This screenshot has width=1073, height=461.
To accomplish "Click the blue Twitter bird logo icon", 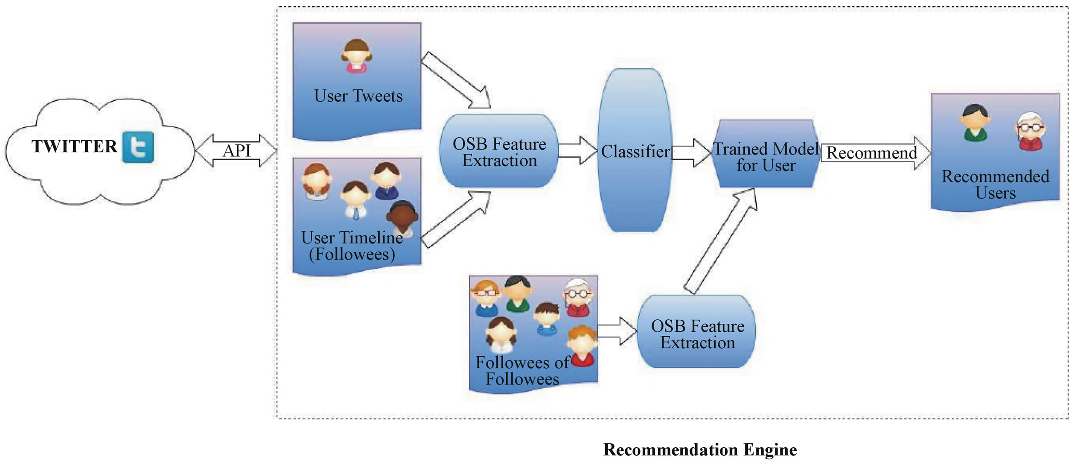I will pos(138,147).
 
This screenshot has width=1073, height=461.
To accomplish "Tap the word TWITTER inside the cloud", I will pos(74,147).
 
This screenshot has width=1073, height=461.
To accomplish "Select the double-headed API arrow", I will pos(236,151).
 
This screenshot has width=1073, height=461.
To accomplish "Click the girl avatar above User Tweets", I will pos(356,56).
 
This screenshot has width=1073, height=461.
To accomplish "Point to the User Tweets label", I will pos(358,96).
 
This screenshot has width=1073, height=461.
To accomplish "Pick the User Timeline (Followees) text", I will pos(352,246).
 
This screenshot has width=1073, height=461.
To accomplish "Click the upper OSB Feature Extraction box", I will pos(499,151).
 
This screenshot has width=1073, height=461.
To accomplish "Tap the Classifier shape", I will pos(635,151).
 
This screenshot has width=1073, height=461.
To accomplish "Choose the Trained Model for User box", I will pos(766,155).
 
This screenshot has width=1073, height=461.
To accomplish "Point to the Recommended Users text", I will pos(995,184).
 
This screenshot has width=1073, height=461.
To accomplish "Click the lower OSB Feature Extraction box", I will pos(697,334).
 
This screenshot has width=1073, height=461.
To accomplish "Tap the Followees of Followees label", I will pos(522,370).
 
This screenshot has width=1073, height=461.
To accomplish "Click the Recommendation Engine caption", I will pos(700,449).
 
